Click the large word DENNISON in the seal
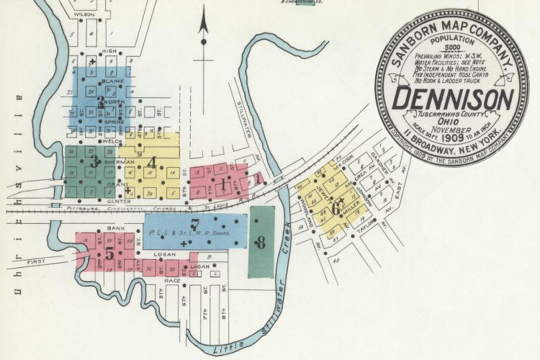(x=453, y=98)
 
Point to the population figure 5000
(x=453, y=48)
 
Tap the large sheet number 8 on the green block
(x=261, y=243)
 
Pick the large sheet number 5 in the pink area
(x=109, y=253)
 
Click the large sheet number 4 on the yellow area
(x=151, y=162)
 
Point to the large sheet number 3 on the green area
(x=95, y=161)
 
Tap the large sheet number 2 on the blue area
(x=101, y=102)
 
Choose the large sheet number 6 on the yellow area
(x=336, y=207)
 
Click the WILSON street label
(x=84, y=14)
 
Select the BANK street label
(x=116, y=228)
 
